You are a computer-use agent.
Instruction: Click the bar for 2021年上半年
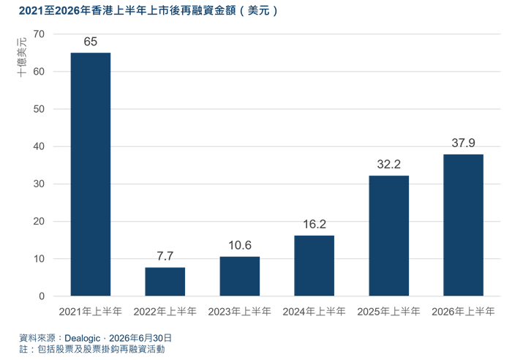pos(91,174)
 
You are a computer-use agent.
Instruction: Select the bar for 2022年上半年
pos(165,282)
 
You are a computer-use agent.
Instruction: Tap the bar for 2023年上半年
pos(240,277)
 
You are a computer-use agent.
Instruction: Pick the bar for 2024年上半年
pos(314,266)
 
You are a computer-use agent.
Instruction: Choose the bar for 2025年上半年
pos(388,236)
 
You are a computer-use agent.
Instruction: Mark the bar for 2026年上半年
pos(463,225)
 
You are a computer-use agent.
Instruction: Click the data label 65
pos(91,42)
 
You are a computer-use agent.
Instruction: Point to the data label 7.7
pos(165,256)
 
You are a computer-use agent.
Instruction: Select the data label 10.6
pos(240,245)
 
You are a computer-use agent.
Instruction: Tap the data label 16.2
pos(314,224)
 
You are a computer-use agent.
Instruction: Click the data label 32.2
pos(388,165)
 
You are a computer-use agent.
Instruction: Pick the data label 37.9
pos(463,143)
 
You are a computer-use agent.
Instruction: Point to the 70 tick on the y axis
pos(39,34)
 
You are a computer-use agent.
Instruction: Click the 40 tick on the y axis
pos(39,146)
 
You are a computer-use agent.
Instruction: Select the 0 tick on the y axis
pos(42,296)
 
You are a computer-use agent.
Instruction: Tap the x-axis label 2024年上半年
pos(314,312)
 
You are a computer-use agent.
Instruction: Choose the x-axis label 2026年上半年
pos(463,312)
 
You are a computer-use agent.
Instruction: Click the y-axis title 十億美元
pos(22,58)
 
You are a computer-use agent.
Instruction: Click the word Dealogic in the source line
pos(82,338)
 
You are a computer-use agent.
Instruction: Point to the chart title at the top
pos(148,11)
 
